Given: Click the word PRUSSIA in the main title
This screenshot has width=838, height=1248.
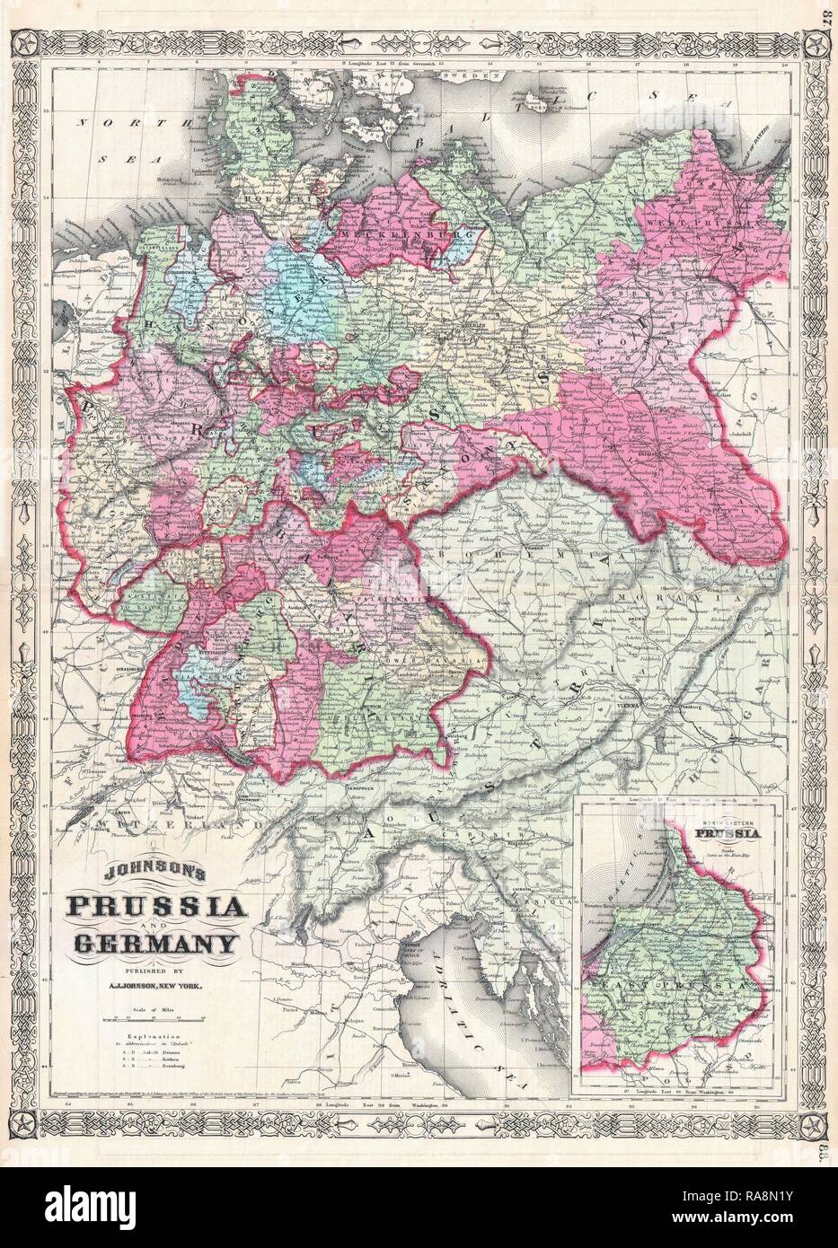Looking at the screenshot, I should pyautogui.click(x=153, y=908).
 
